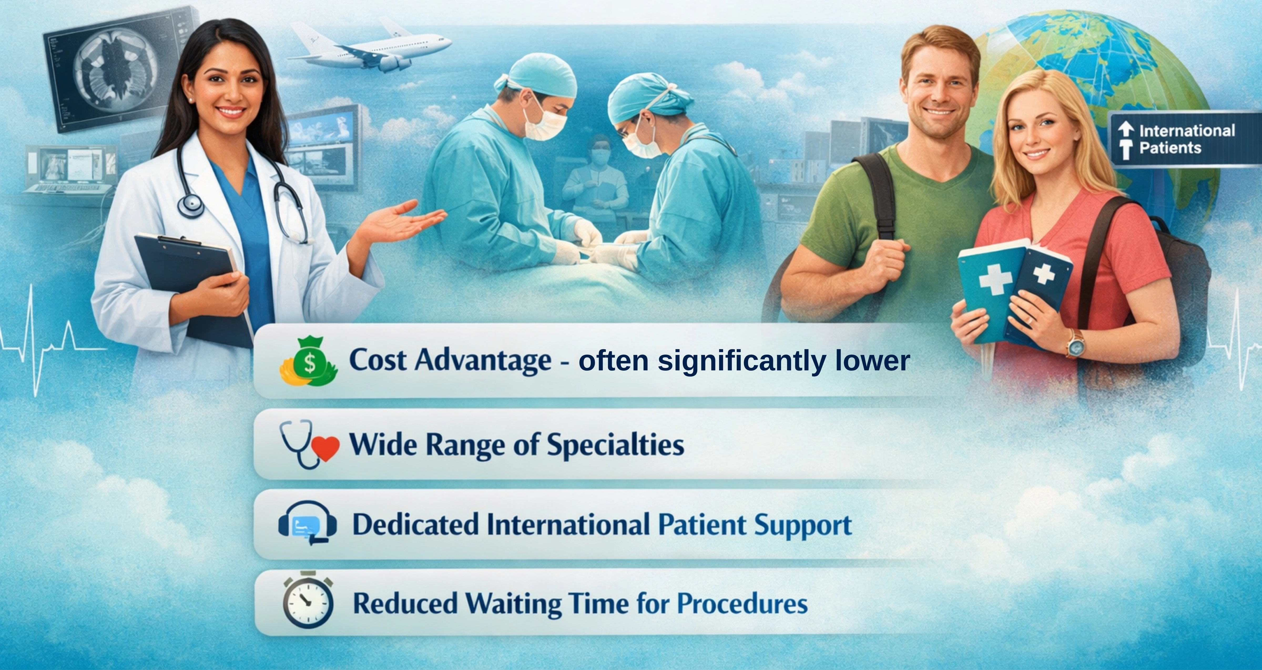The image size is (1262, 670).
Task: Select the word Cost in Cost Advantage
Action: [x=377, y=360]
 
